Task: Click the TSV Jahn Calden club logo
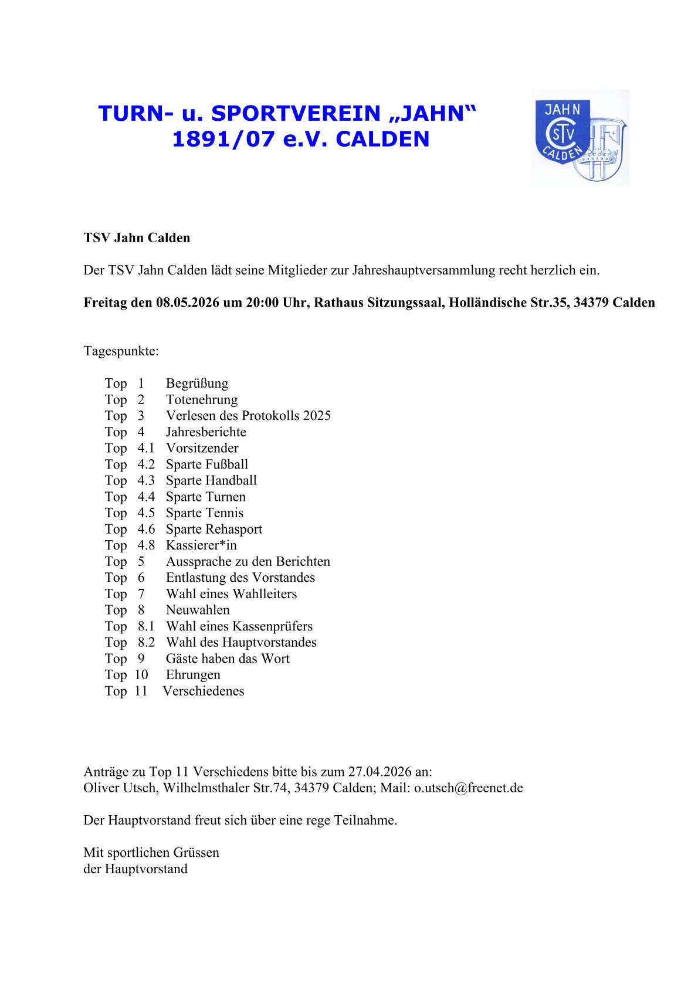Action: [580, 138]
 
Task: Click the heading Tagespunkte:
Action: [121, 351]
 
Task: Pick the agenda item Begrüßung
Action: [196, 384]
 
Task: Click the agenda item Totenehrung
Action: [201, 400]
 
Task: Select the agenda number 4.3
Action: [146, 480]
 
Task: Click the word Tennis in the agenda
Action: [224, 513]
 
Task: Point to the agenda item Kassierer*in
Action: [201, 545]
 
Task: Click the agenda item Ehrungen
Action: [193, 675]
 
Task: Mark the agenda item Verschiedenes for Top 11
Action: [203, 691]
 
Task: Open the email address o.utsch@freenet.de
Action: [468, 788]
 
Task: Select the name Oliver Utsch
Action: [120, 788]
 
